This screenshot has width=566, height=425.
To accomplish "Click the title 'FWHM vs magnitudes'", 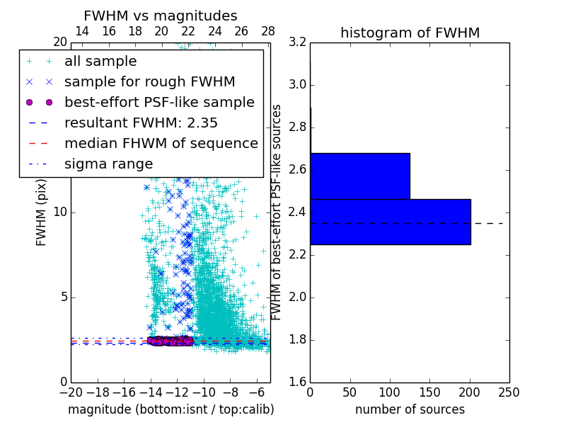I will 160,16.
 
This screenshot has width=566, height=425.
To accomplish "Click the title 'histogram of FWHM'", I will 410,33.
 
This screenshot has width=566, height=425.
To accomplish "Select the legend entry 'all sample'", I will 100,62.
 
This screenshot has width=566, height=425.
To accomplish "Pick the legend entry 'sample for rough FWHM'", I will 149,81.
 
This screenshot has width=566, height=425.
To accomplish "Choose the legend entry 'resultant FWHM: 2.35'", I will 139,123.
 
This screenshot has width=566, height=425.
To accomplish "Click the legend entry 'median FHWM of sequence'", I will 161,143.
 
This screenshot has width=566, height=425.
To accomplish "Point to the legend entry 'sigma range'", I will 108,164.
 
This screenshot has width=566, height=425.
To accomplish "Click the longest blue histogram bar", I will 390,222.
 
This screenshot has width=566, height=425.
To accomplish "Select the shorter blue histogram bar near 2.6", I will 359,176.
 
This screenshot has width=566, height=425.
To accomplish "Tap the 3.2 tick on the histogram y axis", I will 297,42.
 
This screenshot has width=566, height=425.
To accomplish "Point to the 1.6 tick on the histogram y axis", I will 297,382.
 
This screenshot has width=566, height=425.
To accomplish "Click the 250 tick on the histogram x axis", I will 509,392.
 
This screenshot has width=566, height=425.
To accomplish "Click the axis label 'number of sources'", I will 410,409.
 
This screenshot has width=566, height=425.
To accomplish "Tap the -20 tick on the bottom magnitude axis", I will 71,392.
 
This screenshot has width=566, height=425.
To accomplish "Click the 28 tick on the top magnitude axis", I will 268,31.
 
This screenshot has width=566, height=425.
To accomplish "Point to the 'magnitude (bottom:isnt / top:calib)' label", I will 171,409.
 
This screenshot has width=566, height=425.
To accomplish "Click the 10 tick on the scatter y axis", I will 59,212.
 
